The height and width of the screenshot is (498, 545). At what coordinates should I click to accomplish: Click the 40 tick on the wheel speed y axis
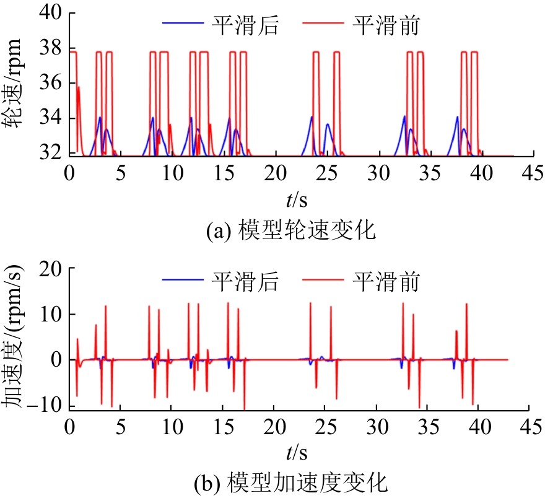tap(52, 13)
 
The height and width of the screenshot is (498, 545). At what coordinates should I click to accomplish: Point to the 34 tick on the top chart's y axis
tap(52, 118)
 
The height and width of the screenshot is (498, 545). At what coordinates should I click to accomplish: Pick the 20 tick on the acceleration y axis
tap(52, 269)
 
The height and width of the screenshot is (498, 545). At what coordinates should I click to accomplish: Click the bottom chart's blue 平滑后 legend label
tap(245, 282)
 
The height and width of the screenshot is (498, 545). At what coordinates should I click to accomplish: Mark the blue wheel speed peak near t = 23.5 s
tap(312, 116)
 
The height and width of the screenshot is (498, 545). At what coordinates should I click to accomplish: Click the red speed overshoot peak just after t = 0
tap(79, 87)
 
